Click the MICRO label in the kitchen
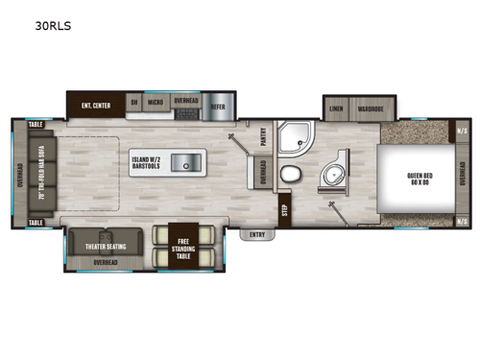coord(155,100)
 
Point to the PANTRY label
coord(264,141)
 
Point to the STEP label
coord(284,204)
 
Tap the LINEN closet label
coord(336,108)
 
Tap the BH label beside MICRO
coord(134,100)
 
